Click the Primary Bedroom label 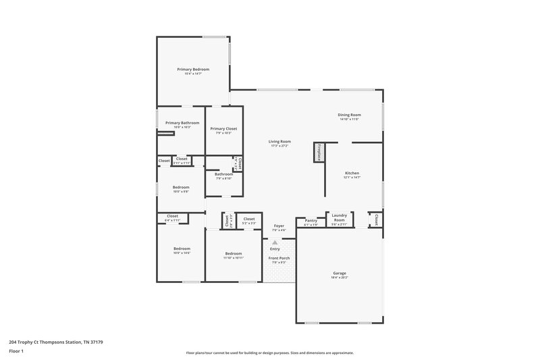coord(193,70)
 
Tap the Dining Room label coord(349,115)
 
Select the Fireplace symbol coord(316,153)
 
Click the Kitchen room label coord(352,173)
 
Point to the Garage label coord(339,274)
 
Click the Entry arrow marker coord(275,242)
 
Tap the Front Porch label coord(279,258)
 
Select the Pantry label coord(310,220)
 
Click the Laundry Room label coord(340,218)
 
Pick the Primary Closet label coord(223,128)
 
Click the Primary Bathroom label coord(182,123)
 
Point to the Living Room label coord(279,142)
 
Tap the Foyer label coord(279,226)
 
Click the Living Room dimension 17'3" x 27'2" coord(279,146)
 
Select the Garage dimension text coord(339,278)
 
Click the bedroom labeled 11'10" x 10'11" coord(234,254)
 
